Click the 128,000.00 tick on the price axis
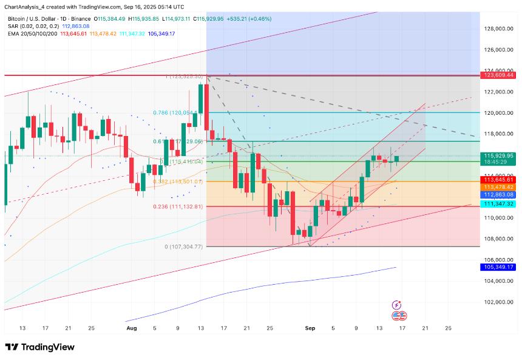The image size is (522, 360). (x=500, y=29)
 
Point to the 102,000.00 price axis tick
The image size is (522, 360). (x=500, y=302)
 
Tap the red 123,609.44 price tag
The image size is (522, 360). (x=500, y=75)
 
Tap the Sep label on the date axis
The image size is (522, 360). (x=310, y=328)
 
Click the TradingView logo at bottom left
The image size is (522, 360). (x=40, y=347)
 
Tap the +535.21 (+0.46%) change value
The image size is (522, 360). (x=249, y=19)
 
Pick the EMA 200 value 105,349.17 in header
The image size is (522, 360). (x=158, y=33)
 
